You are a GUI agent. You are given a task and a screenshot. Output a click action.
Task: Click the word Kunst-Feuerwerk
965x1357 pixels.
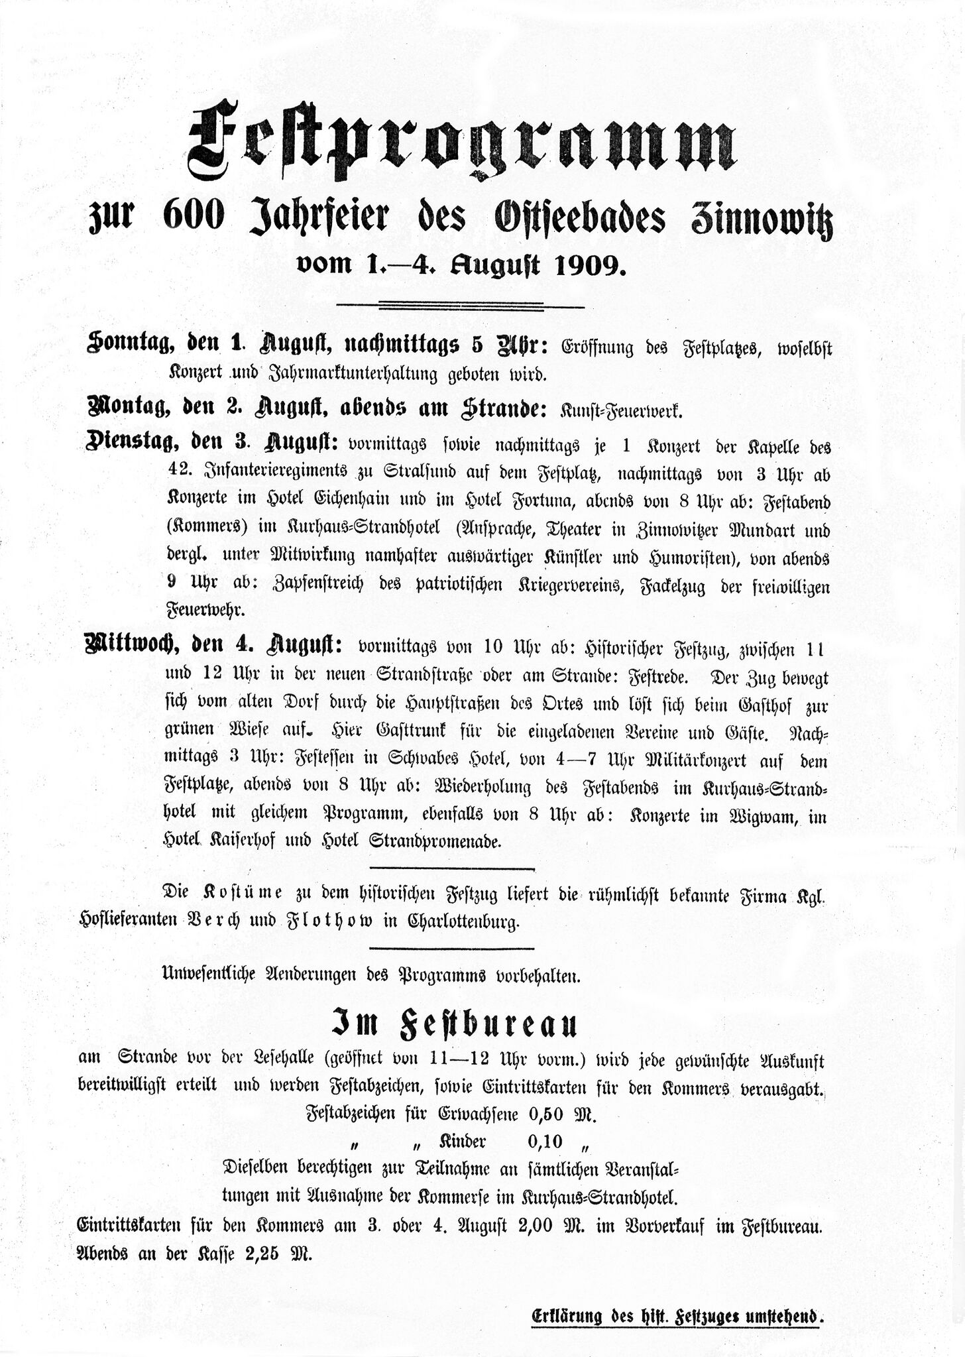click(621, 410)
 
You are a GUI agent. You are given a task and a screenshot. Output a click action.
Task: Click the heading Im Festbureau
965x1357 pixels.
click(454, 1024)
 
